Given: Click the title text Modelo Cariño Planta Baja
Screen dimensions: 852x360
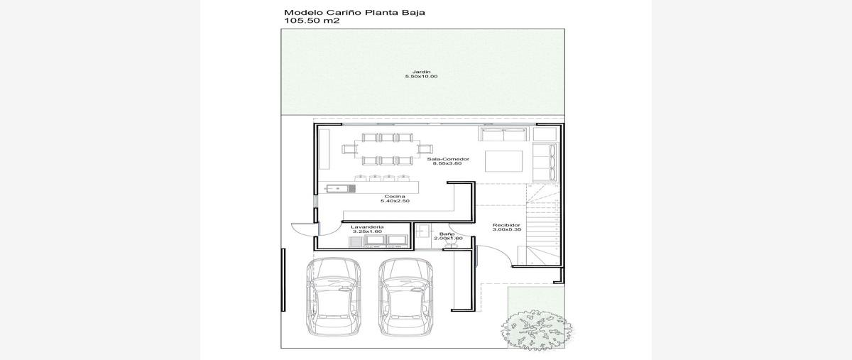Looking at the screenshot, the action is click(x=354, y=13).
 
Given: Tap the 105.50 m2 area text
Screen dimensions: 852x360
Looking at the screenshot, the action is click(x=312, y=21).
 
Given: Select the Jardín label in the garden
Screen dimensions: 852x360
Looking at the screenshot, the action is click(x=422, y=72).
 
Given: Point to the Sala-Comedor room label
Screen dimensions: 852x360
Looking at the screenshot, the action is click(x=448, y=159).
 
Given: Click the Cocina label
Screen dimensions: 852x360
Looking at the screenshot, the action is click(x=395, y=197).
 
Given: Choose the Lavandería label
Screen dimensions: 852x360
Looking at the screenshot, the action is click(x=367, y=227).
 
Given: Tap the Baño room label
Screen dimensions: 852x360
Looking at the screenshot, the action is click(x=447, y=234).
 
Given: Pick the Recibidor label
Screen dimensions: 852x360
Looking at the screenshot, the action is click(x=506, y=225).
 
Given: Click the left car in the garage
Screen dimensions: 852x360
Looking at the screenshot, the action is click(x=333, y=297).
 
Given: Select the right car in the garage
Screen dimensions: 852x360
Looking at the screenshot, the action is click(x=405, y=297).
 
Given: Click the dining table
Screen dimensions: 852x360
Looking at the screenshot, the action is click(x=386, y=149).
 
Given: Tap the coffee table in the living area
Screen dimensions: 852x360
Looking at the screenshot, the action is click(x=503, y=161).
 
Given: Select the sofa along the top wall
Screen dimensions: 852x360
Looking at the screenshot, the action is click(x=503, y=134).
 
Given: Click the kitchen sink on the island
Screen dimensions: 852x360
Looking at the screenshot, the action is click(x=74, y=188).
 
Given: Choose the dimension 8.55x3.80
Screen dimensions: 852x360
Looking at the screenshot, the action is click(x=447, y=163).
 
